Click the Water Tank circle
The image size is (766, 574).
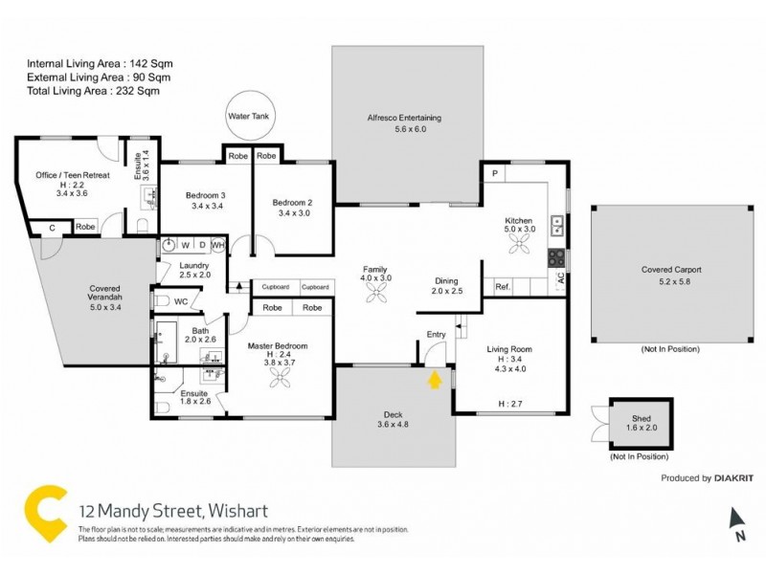pyautogui.click(x=244, y=117)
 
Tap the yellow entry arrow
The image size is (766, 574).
pyautogui.click(x=434, y=380)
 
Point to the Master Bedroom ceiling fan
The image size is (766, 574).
pyautogui.click(x=282, y=380)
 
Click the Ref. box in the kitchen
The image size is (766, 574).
pyautogui.click(x=501, y=287)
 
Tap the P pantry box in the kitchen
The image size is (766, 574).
pyautogui.click(x=495, y=173)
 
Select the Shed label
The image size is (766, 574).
pyautogui.click(x=641, y=419)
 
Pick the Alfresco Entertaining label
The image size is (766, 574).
pyautogui.click(x=403, y=118)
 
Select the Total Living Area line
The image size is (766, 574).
pyautogui.click(x=93, y=91)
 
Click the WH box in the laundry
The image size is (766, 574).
pyautogui.click(x=217, y=245)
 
